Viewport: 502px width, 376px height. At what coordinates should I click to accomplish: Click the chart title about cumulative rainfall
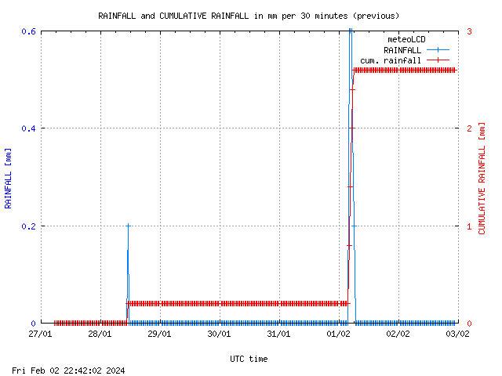248,16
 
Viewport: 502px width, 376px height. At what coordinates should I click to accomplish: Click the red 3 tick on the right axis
468,31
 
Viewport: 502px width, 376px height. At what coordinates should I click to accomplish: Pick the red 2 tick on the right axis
468,128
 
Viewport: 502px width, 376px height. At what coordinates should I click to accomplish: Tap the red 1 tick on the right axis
468,226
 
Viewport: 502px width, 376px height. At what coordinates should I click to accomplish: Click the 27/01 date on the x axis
41,334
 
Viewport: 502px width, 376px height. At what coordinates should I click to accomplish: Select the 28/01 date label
100,334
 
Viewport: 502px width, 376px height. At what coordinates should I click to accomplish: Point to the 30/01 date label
220,334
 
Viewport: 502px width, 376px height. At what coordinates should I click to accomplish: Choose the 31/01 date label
279,334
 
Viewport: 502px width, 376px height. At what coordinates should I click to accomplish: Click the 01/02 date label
339,334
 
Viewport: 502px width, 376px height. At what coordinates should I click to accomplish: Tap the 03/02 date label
458,334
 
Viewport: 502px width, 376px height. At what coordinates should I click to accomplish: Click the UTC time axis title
249,359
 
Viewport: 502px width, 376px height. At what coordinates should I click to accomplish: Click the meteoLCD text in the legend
406,39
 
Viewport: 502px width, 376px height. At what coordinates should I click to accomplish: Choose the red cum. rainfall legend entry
391,60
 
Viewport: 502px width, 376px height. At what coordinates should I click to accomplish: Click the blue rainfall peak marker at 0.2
128,226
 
